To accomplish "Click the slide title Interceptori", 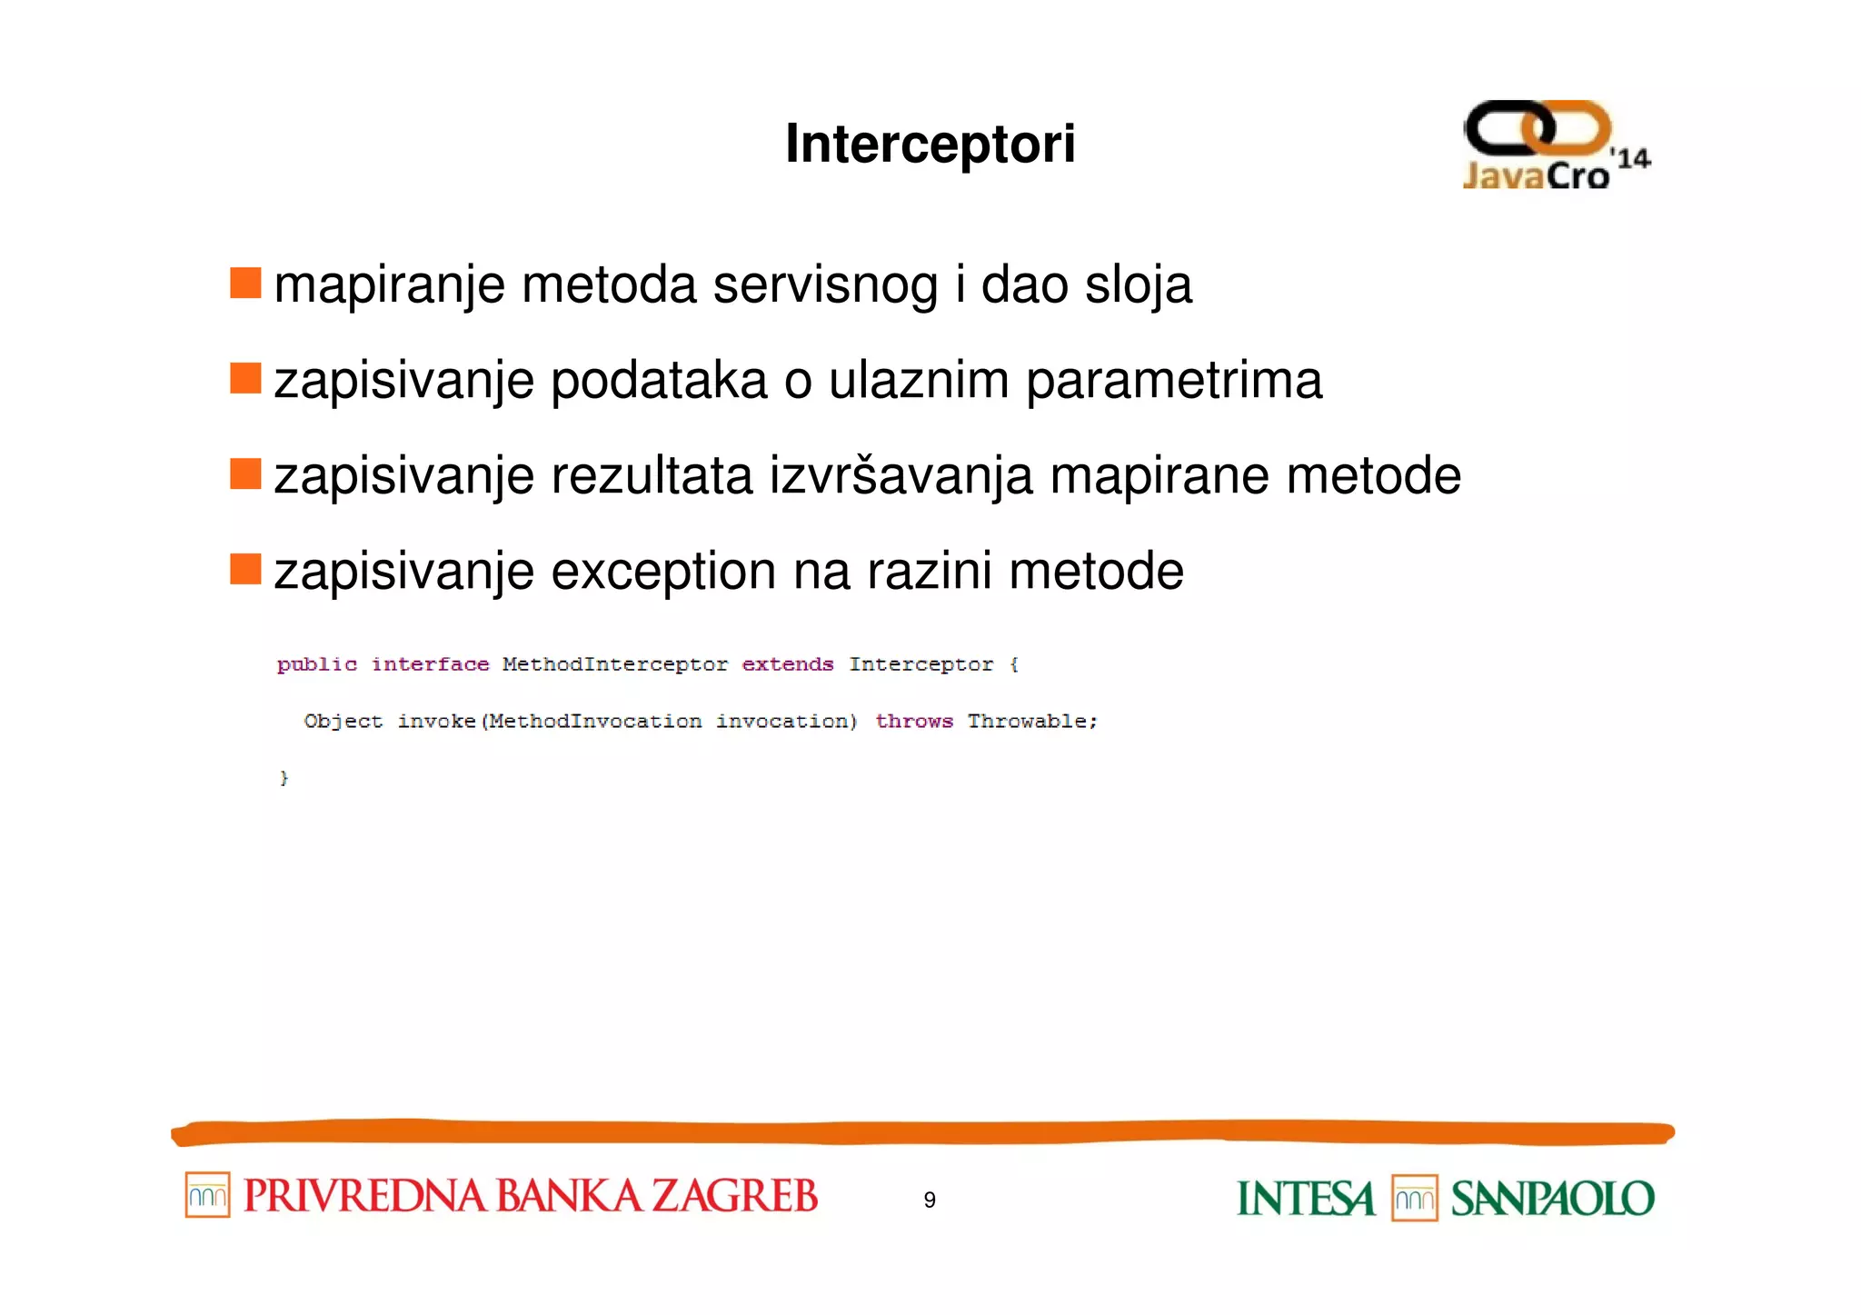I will coord(930,144).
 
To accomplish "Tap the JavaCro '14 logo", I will coord(1555,146).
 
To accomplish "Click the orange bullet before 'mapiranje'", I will coord(245,283).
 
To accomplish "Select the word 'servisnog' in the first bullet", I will coord(825,285).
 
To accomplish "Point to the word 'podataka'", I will coord(659,381).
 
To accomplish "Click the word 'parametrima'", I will coord(1173,381).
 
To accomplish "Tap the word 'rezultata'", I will coord(652,476).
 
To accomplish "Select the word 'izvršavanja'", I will coord(901,476).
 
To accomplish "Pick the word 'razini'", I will coord(929,572).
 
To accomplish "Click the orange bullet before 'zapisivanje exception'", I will coord(245,569).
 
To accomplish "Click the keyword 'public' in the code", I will coord(316,665).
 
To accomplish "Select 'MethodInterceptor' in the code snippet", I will coord(614,665).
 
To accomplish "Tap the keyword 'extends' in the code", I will coord(787,665).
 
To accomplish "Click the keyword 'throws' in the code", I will coord(913,722).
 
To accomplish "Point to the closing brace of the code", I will coord(284,778).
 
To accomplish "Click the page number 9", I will coord(929,1200).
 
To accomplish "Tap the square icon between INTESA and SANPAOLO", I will coord(1414,1199).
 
